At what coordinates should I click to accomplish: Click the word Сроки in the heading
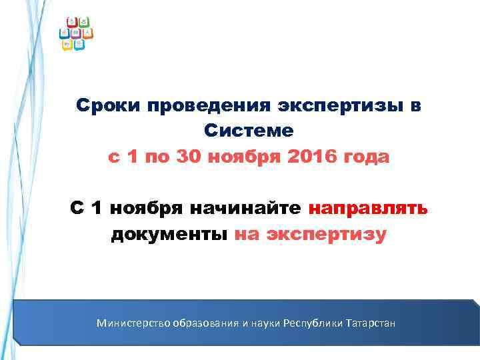107,106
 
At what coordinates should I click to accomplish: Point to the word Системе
249,132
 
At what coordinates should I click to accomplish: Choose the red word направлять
368,209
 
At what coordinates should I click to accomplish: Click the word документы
170,235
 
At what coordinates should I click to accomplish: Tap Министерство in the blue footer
133,323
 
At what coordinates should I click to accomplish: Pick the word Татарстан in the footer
370,323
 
